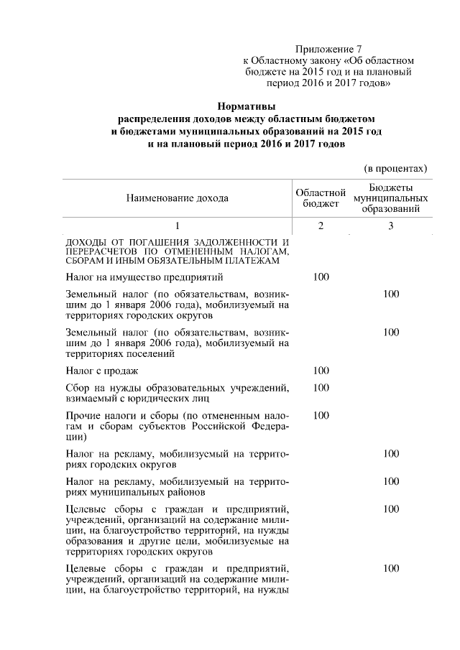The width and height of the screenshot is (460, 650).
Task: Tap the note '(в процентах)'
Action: [396, 169]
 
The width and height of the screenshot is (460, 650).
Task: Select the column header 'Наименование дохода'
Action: [178, 197]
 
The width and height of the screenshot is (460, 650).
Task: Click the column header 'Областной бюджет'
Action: [321, 197]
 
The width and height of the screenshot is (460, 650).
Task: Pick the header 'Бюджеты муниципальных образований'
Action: [390, 197]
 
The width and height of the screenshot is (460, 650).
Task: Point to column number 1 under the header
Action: [178, 226]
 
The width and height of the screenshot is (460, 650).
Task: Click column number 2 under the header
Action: [321, 226]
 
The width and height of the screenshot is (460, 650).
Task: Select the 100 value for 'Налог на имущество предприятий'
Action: [321, 277]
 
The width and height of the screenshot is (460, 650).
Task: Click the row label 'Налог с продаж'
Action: [101, 371]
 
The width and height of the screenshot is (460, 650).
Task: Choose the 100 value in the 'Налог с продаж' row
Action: [321, 371]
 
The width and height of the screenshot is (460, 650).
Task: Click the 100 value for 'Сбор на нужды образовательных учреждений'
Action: [321, 388]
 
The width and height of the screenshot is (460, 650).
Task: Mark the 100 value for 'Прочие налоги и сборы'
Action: [321, 415]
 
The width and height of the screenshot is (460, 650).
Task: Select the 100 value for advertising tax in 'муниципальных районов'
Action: [390, 481]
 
